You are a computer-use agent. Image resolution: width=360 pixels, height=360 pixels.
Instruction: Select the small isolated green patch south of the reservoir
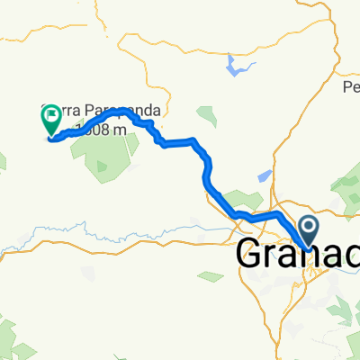(207, 116)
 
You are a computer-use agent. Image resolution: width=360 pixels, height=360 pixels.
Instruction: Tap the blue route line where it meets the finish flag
(52, 138)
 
